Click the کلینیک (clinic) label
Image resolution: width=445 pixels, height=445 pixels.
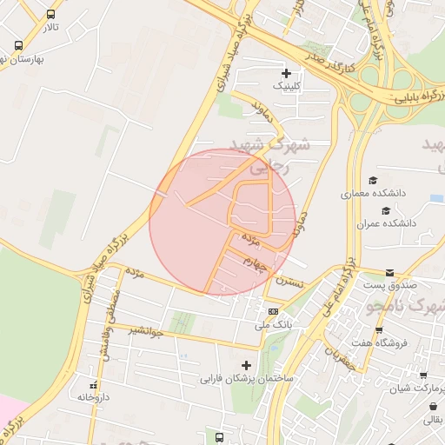click(x=289, y=86)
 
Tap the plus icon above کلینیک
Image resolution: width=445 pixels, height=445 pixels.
click(x=286, y=72)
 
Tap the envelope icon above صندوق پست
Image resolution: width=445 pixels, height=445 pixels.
click(x=389, y=272)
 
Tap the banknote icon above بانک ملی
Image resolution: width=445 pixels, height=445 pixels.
click(x=274, y=311)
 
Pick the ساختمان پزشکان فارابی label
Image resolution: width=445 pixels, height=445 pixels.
click(x=248, y=379)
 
